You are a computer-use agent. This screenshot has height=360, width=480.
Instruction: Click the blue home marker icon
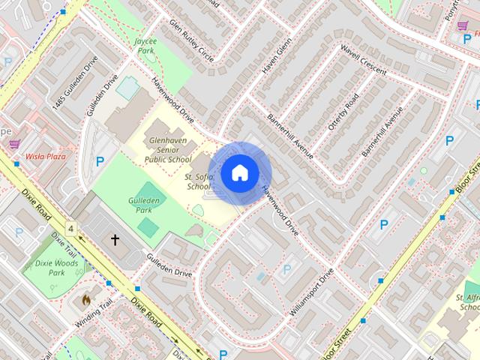tap(239, 172)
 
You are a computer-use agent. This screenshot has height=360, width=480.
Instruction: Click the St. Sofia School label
tap(199, 181)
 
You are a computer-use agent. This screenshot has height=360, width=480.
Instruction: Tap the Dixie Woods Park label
tap(47, 269)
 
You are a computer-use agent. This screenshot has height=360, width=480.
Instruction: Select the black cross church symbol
tap(115, 240)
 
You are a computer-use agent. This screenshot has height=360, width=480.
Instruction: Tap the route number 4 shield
tap(71, 227)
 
